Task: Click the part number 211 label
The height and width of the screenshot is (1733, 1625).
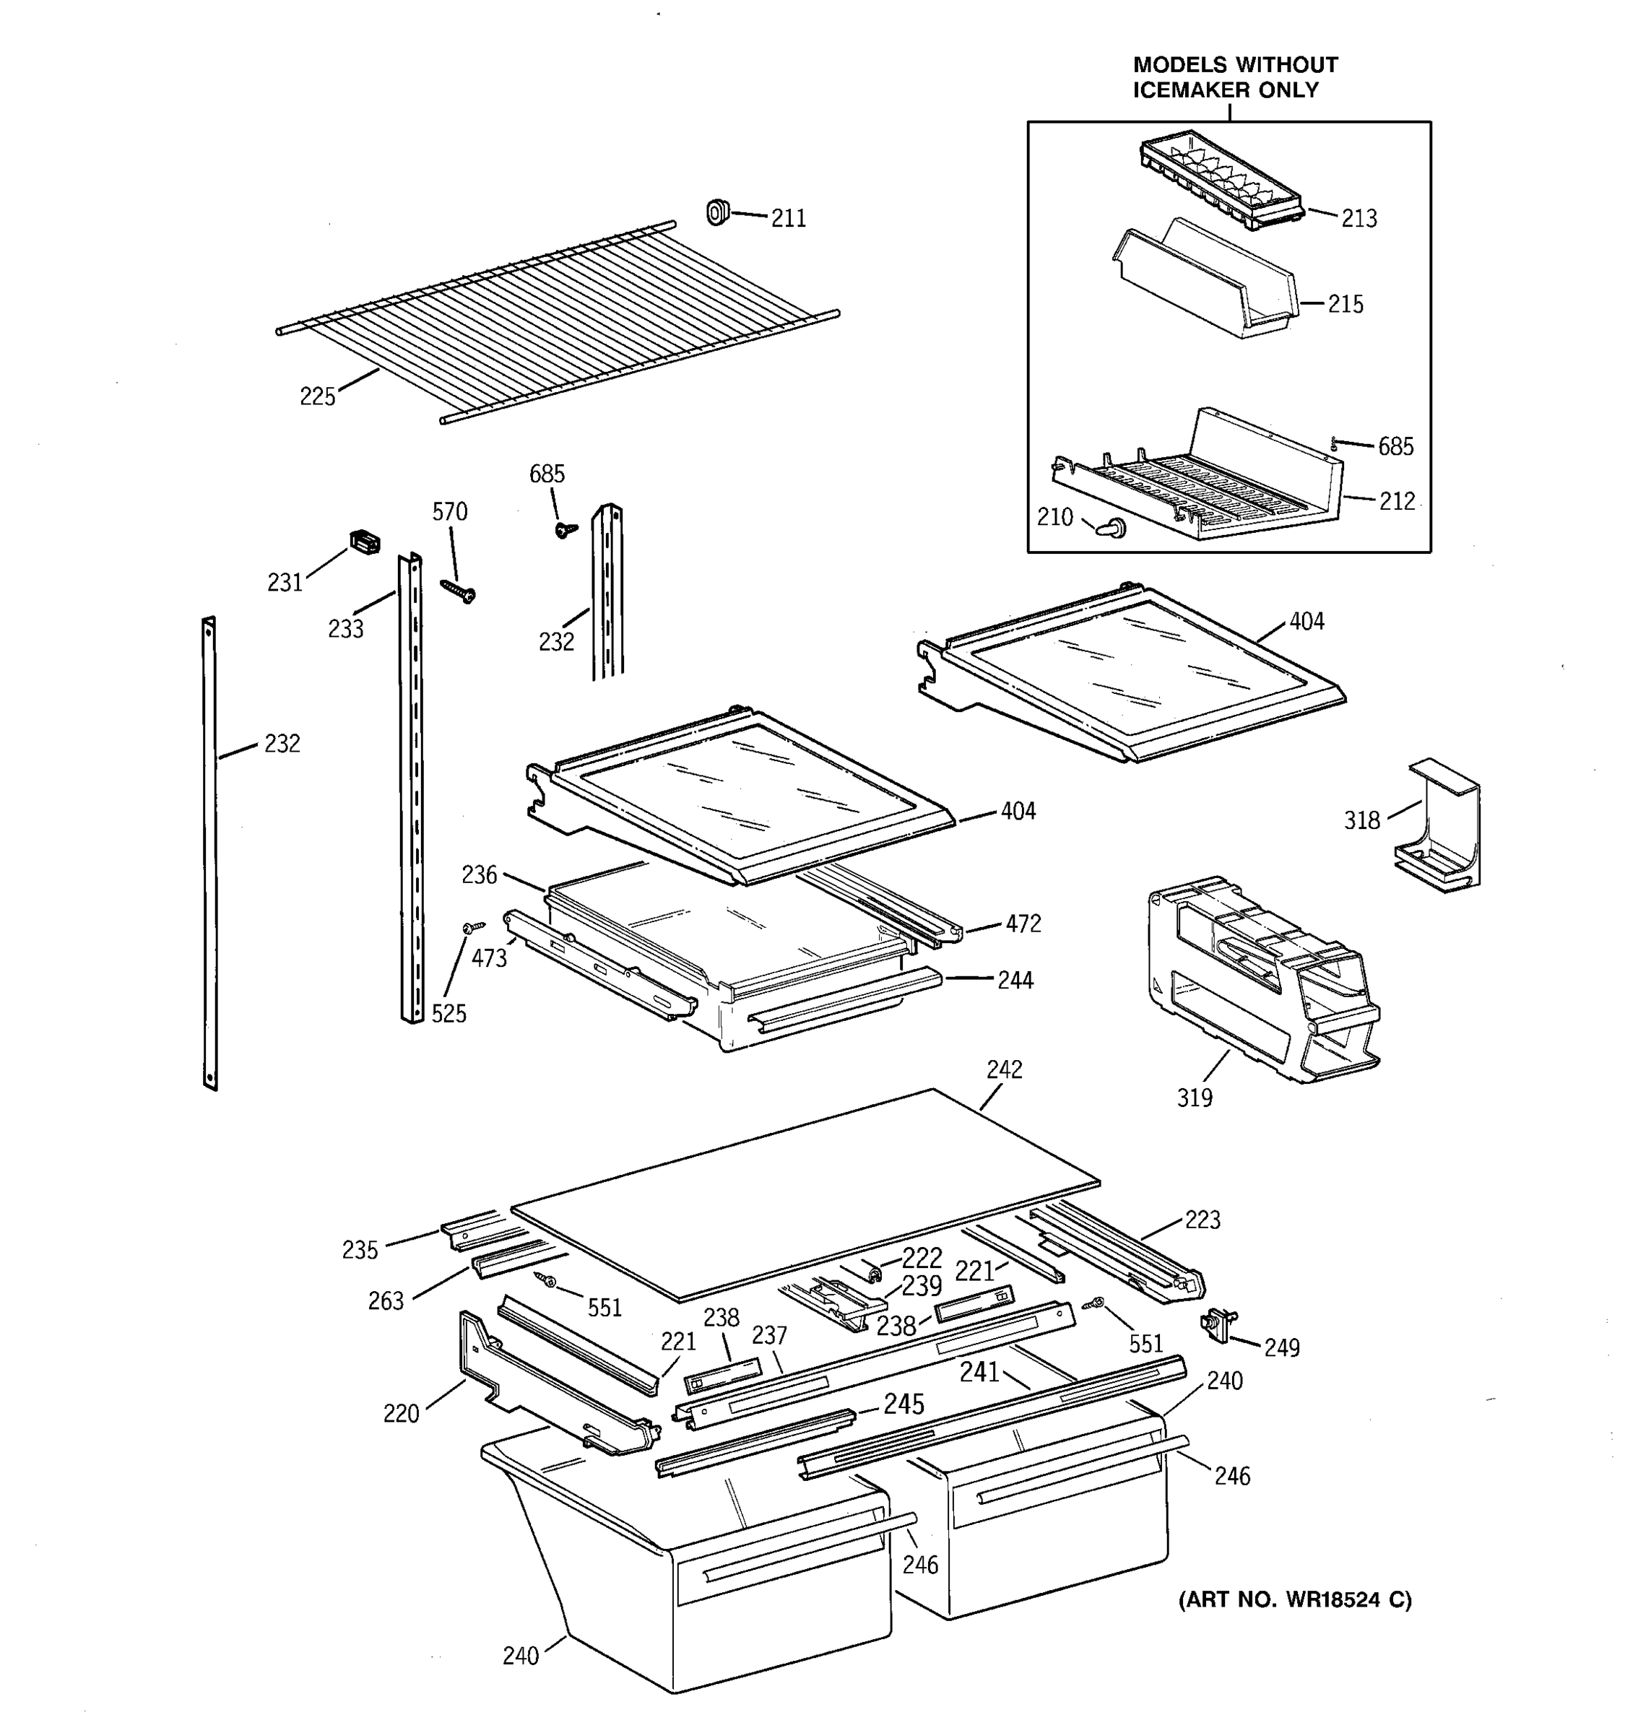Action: pos(788,218)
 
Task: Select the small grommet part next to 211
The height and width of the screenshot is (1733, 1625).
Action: pos(717,212)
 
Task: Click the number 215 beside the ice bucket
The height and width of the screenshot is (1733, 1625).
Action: pos(1345,304)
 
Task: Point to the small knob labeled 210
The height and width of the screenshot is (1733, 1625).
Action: pos(1113,526)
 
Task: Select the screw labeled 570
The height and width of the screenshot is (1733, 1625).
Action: pos(459,593)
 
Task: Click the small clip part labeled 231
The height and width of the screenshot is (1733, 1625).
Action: pos(365,542)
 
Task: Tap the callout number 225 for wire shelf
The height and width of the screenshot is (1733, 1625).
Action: pos(317,396)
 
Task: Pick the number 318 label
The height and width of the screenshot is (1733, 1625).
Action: pos(1361,820)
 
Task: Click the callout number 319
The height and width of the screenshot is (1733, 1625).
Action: pos(1195,1098)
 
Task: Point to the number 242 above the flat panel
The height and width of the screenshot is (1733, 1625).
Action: pos(1005,1069)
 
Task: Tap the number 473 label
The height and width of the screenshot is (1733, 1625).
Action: pos(489,959)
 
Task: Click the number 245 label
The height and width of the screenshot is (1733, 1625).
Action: pos(903,1404)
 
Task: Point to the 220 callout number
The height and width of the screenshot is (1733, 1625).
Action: pos(401,1413)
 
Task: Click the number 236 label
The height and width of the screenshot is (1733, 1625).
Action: pos(480,874)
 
